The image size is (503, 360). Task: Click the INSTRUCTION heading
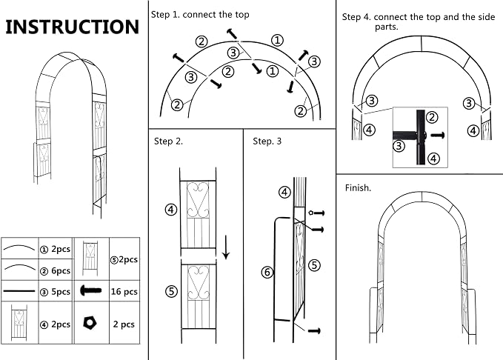pyautogui.click(x=73, y=27)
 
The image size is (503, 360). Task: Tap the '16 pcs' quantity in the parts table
pyautogui.click(x=124, y=292)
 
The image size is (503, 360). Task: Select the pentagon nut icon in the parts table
pyautogui.click(x=90, y=323)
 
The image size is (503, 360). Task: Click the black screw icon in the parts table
pyautogui.click(x=91, y=290)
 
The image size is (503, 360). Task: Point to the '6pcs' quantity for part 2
pyautogui.click(x=61, y=271)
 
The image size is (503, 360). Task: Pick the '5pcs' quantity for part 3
pyautogui.click(x=61, y=292)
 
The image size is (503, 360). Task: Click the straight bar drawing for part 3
pyautogui.click(x=19, y=291)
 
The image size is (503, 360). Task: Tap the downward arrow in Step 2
pyautogui.click(x=226, y=247)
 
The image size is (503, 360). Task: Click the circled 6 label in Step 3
pyautogui.click(x=267, y=273)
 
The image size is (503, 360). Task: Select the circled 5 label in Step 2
pyautogui.click(x=171, y=291)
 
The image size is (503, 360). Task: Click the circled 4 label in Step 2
pyautogui.click(x=171, y=210)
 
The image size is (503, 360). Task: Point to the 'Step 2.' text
pyautogui.click(x=168, y=141)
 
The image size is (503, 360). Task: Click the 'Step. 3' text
pyautogui.click(x=267, y=141)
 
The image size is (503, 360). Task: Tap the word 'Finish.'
pyautogui.click(x=358, y=188)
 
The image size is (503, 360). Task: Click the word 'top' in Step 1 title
pyautogui.click(x=242, y=15)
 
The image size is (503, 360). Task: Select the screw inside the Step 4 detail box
pyautogui.click(x=438, y=135)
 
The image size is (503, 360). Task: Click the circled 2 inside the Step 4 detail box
pyautogui.click(x=432, y=118)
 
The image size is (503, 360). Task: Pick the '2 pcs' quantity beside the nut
pyautogui.click(x=124, y=324)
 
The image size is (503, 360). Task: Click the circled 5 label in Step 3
pyautogui.click(x=314, y=265)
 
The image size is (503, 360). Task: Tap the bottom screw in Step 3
pyautogui.click(x=314, y=331)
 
